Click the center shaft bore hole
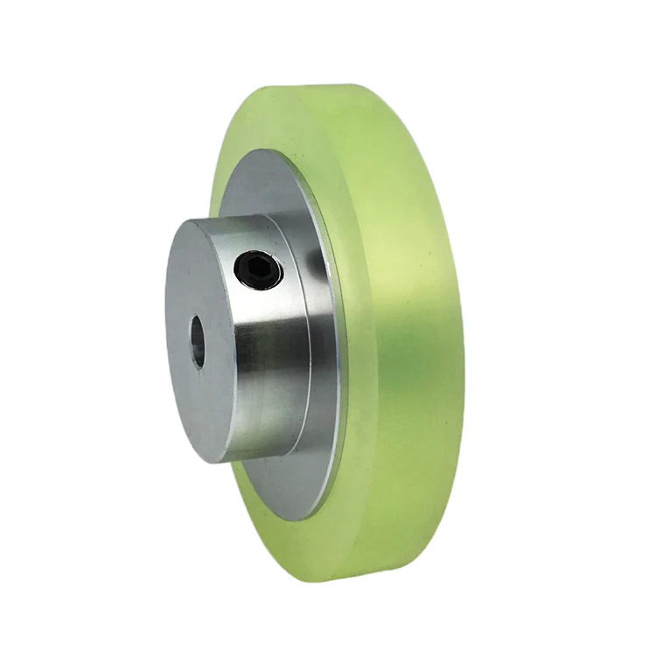[198, 340]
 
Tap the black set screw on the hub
[259, 270]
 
